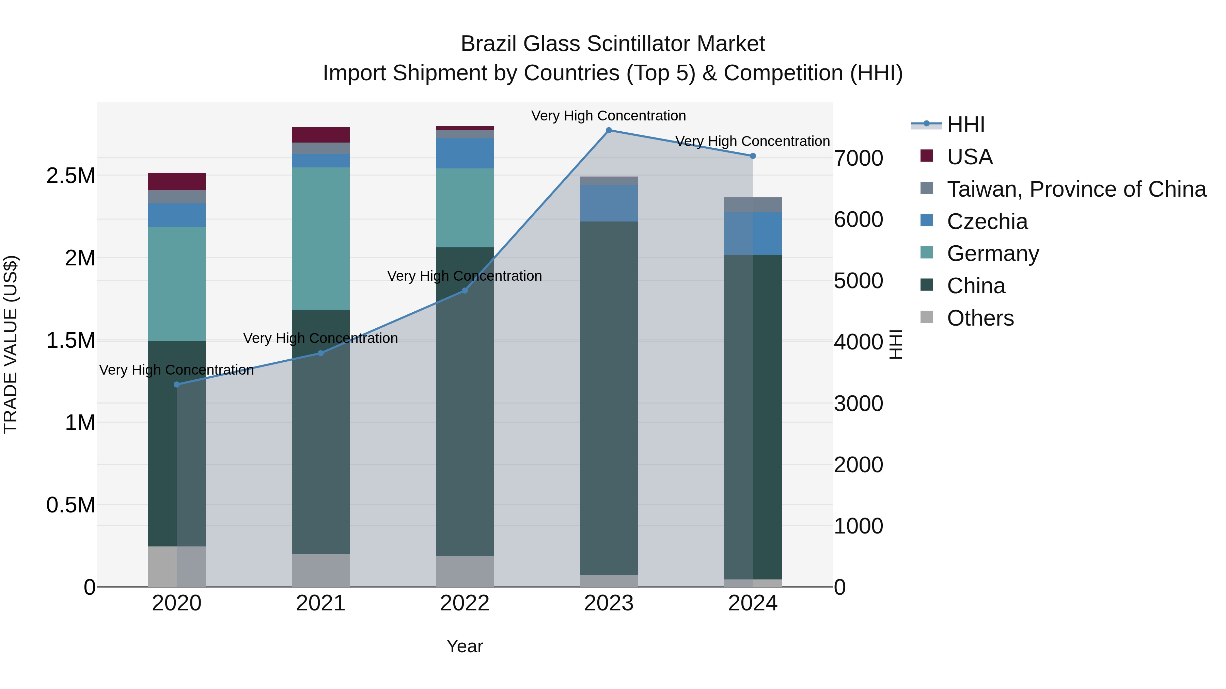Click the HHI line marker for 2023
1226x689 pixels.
coord(609,130)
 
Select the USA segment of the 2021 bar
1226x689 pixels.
coord(320,135)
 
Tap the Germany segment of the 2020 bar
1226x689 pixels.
coord(176,283)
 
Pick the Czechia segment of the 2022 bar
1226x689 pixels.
coord(465,153)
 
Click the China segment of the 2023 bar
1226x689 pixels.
coord(609,398)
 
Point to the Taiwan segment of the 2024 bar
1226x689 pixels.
coord(752,205)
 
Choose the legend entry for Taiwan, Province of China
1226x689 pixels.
coord(1076,189)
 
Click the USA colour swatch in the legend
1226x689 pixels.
coord(926,155)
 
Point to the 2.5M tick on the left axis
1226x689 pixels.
coord(70,176)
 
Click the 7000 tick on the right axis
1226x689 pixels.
coord(858,158)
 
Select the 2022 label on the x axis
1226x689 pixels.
coord(465,603)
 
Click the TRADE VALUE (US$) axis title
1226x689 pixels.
coord(11,344)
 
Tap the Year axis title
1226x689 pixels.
coord(465,646)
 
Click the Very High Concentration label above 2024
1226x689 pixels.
coord(752,141)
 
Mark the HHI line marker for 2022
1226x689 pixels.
coord(465,291)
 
